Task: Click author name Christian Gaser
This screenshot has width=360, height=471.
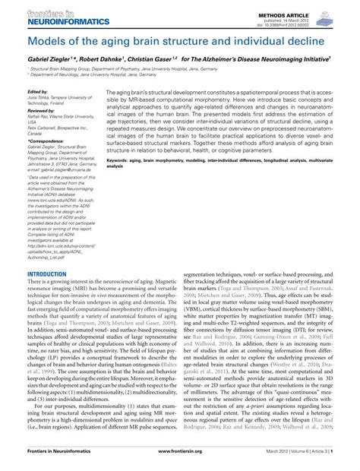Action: point(159,58)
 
